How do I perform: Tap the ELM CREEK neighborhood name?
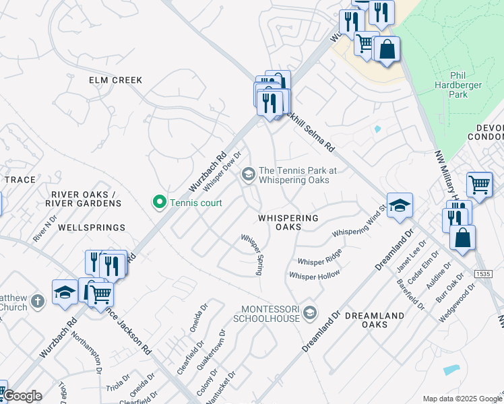(x=116, y=80)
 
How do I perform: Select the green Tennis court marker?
(x=160, y=201)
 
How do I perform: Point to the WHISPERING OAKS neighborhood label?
(x=288, y=223)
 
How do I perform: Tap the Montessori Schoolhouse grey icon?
(x=309, y=312)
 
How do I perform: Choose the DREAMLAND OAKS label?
(x=375, y=320)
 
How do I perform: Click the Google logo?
(x=22, y=396)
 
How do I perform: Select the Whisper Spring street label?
(x=251, y=254)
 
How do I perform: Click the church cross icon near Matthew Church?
(x=38, y=301)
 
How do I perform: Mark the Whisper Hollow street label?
(x=314, y=275)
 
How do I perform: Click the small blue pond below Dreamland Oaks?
(x=452, y=370)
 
